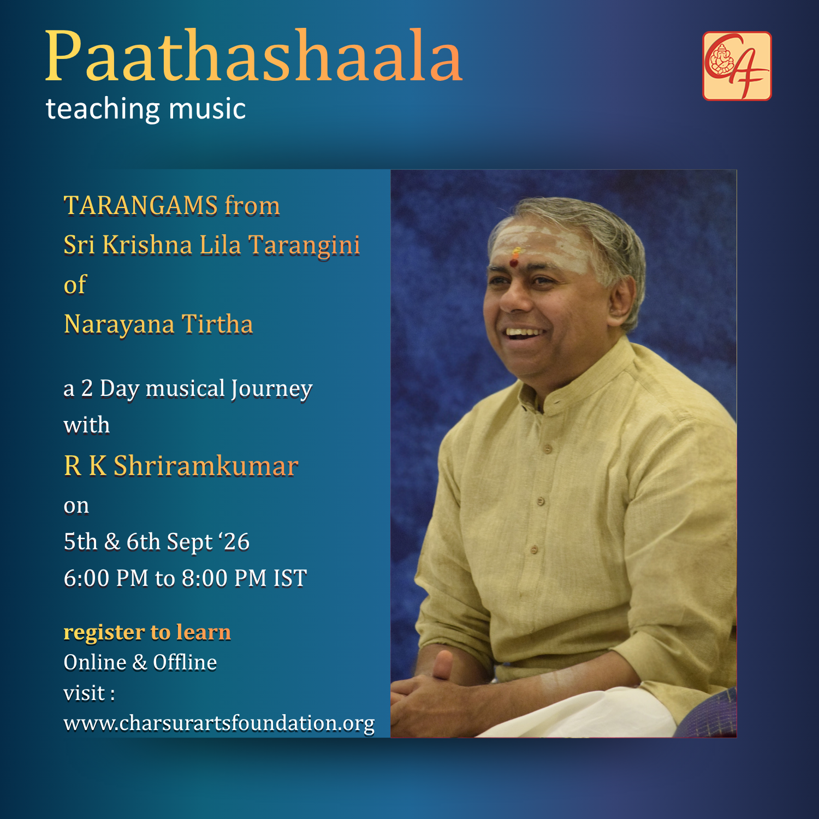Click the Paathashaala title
254,56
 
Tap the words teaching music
146,109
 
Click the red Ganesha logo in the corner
737,66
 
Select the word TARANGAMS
141,206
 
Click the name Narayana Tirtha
158,324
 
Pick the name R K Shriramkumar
181,466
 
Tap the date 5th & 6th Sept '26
157,542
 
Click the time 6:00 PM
106,578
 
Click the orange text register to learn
147,632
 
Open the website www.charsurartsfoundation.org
219,723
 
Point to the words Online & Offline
140,662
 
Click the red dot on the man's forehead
513,263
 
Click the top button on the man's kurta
548,449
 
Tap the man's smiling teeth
524,332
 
